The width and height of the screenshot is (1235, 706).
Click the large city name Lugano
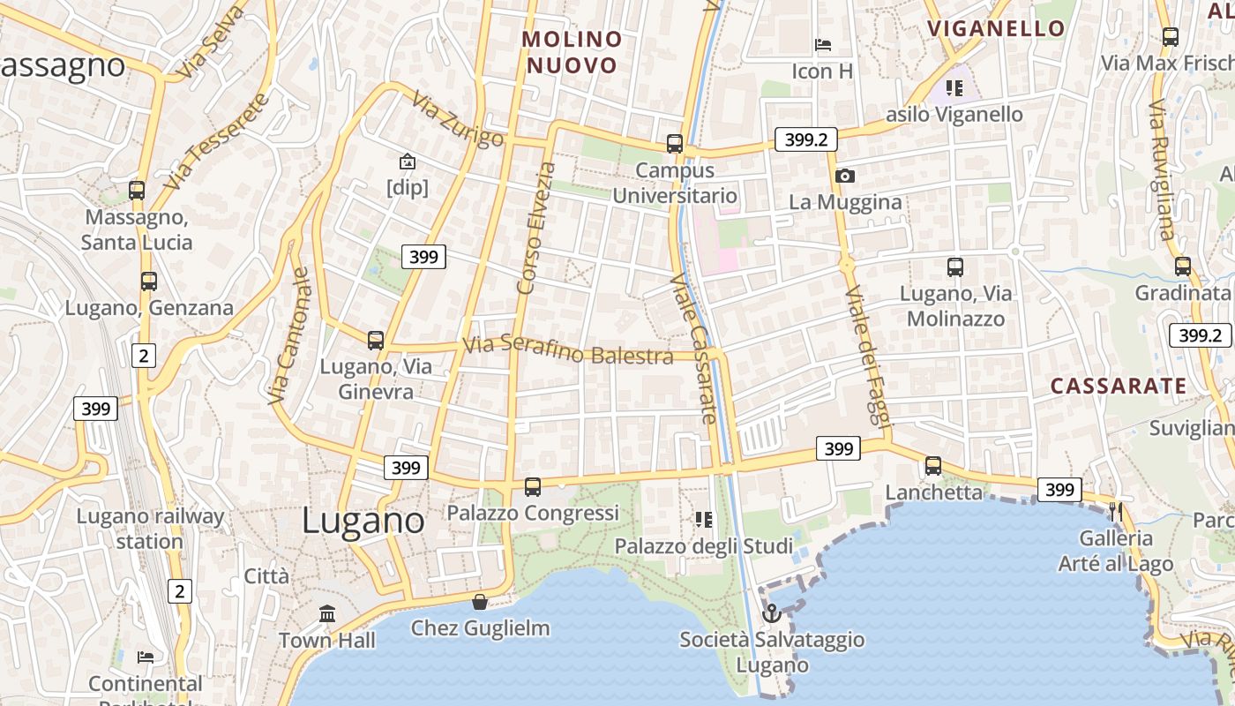[363, 521]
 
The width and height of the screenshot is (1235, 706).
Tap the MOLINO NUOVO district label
[572, 52]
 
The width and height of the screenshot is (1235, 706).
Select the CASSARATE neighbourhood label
[1119, 386]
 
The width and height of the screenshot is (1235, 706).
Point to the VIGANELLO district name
[996, 28]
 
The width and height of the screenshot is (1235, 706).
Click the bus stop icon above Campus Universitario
[675, 143]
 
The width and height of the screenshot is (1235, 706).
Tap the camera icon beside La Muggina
[845, 176]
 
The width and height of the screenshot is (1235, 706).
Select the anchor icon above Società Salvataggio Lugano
[772, 612]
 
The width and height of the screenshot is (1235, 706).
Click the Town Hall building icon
[327, 613]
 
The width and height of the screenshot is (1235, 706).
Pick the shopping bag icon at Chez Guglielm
[480, 602]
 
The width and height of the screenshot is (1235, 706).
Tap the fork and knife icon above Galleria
[1116, 511]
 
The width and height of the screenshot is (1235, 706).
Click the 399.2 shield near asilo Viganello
[806, 139]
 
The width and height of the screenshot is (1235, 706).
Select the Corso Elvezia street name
[536, 228]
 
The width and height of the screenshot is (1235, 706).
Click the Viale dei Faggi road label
[864, 356]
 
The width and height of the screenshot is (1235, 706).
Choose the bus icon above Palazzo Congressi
[533, 486]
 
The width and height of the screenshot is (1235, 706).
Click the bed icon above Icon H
[823, 44]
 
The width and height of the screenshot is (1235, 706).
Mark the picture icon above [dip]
[408, 161]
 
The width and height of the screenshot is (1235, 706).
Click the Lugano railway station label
[150, 528]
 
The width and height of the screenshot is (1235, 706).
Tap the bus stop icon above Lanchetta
[933, 465]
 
